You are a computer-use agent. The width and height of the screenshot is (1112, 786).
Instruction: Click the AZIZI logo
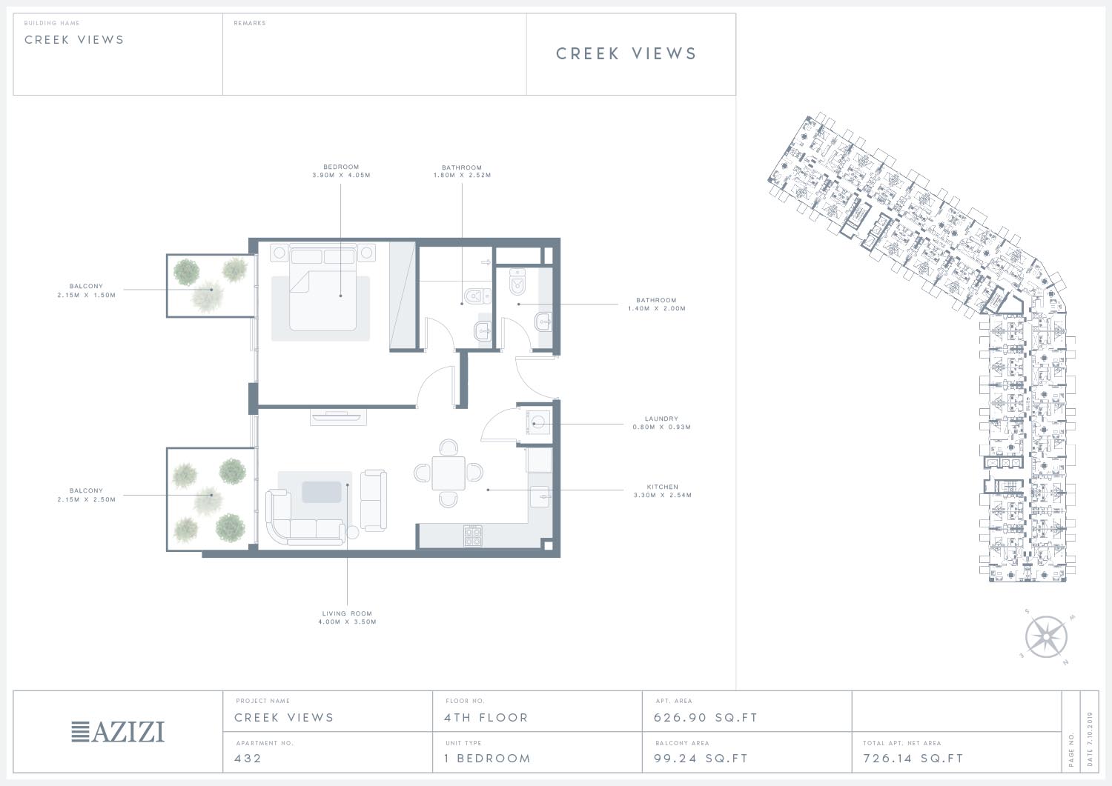point(118,732)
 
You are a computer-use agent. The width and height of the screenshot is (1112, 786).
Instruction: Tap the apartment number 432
point(248,758)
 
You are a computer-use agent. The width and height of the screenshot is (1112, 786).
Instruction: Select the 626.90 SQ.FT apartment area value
point(706,718)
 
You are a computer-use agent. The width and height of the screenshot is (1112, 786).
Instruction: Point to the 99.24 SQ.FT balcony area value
point(701,758)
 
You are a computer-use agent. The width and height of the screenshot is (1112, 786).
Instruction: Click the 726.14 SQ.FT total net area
point(913,758)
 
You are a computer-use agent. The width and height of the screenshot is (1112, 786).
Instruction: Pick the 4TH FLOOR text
point(486,718)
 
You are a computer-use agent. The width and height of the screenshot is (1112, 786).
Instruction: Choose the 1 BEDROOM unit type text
point(488,758)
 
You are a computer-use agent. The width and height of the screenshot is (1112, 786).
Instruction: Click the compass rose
point(1046,637)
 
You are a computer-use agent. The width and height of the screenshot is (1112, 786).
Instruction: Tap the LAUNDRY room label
point(661,419)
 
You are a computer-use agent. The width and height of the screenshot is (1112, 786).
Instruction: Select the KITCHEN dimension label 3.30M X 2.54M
point(662,495)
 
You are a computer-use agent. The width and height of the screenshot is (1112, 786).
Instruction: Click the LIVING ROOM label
point(347,613)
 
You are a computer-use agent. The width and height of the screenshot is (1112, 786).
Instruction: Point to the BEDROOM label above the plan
point(341,167)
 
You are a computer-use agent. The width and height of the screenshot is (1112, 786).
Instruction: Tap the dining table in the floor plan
point(449,473)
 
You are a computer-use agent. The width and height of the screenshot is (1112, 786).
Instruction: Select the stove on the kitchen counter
point(473,536)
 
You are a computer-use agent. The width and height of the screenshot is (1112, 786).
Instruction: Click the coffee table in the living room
point(322,492)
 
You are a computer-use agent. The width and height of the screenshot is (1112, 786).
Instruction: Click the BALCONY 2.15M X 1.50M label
point(87,290)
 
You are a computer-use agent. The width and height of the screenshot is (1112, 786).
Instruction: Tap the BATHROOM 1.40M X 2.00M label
point(656,304)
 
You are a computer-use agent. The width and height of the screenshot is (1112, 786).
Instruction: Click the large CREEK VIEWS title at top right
point(626,53)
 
